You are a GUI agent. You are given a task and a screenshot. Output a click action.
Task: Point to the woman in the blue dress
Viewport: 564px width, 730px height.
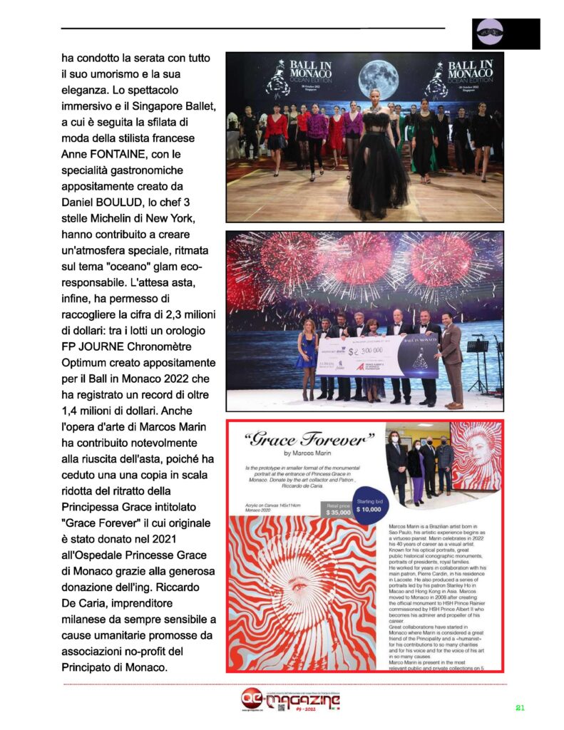coord(307,356)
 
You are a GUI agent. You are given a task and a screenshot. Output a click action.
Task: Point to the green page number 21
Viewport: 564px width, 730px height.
coord(520,708)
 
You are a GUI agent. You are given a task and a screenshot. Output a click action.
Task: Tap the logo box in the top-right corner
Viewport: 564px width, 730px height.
coord(506,34)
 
